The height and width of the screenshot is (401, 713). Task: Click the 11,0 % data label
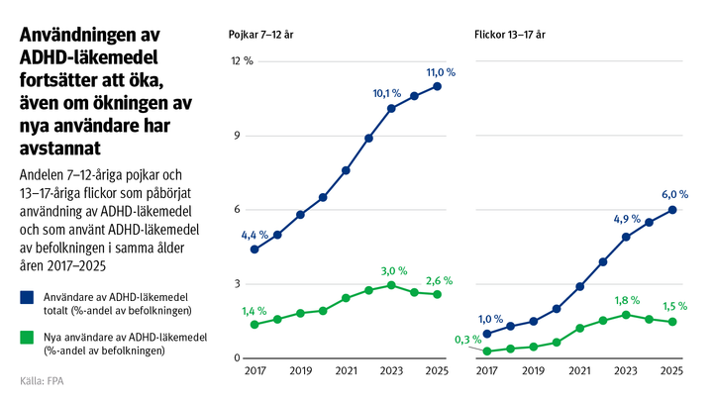point(440,72)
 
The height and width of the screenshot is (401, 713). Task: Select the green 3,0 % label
point(394,270)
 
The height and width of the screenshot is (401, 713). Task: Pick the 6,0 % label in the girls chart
point(673,195)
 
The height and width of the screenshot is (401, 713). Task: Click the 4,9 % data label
point(628,220)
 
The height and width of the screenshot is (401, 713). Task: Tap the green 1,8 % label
point(627,301)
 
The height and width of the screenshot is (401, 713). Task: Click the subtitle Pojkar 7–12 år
point(260,35)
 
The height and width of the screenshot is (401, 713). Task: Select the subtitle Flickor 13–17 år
point(510,35)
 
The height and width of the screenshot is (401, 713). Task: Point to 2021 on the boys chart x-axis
point(346,371)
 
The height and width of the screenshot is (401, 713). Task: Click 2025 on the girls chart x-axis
point(671,371)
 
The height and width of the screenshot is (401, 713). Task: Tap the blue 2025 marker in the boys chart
point(438,86)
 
